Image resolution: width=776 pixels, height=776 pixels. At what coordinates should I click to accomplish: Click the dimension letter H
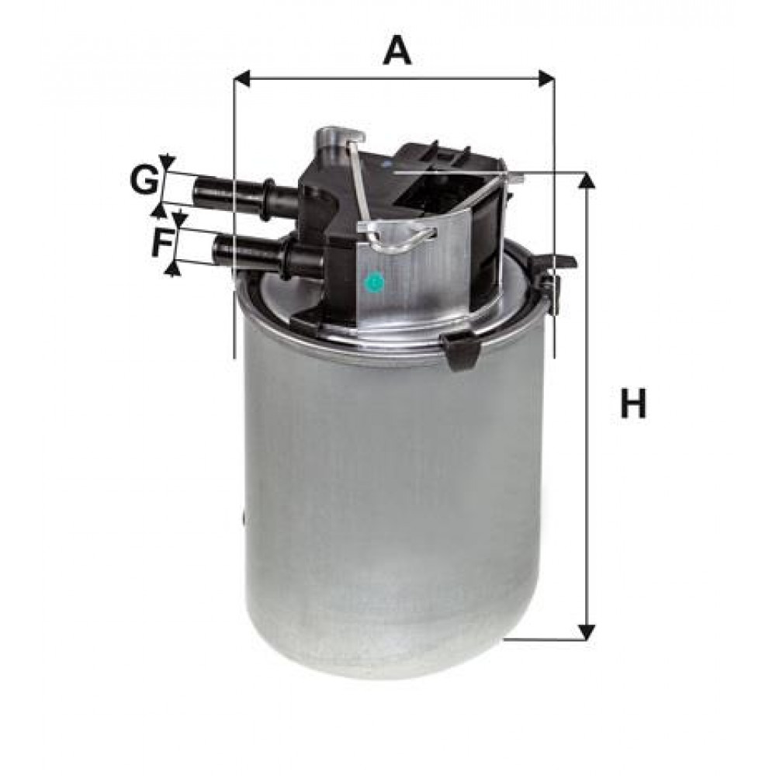point(633,404)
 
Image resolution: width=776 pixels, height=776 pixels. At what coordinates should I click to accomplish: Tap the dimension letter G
point(144,180)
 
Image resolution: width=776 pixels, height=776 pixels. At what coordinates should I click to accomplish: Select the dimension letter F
point(162,242)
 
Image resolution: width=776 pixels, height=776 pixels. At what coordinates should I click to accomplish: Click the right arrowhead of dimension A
point(546,78)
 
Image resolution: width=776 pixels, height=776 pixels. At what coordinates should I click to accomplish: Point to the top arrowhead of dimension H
point(587,180)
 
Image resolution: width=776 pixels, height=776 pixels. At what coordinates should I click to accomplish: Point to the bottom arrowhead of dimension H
point(587,631)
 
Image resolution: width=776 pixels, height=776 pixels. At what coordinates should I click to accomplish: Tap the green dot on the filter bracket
point(374,282)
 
